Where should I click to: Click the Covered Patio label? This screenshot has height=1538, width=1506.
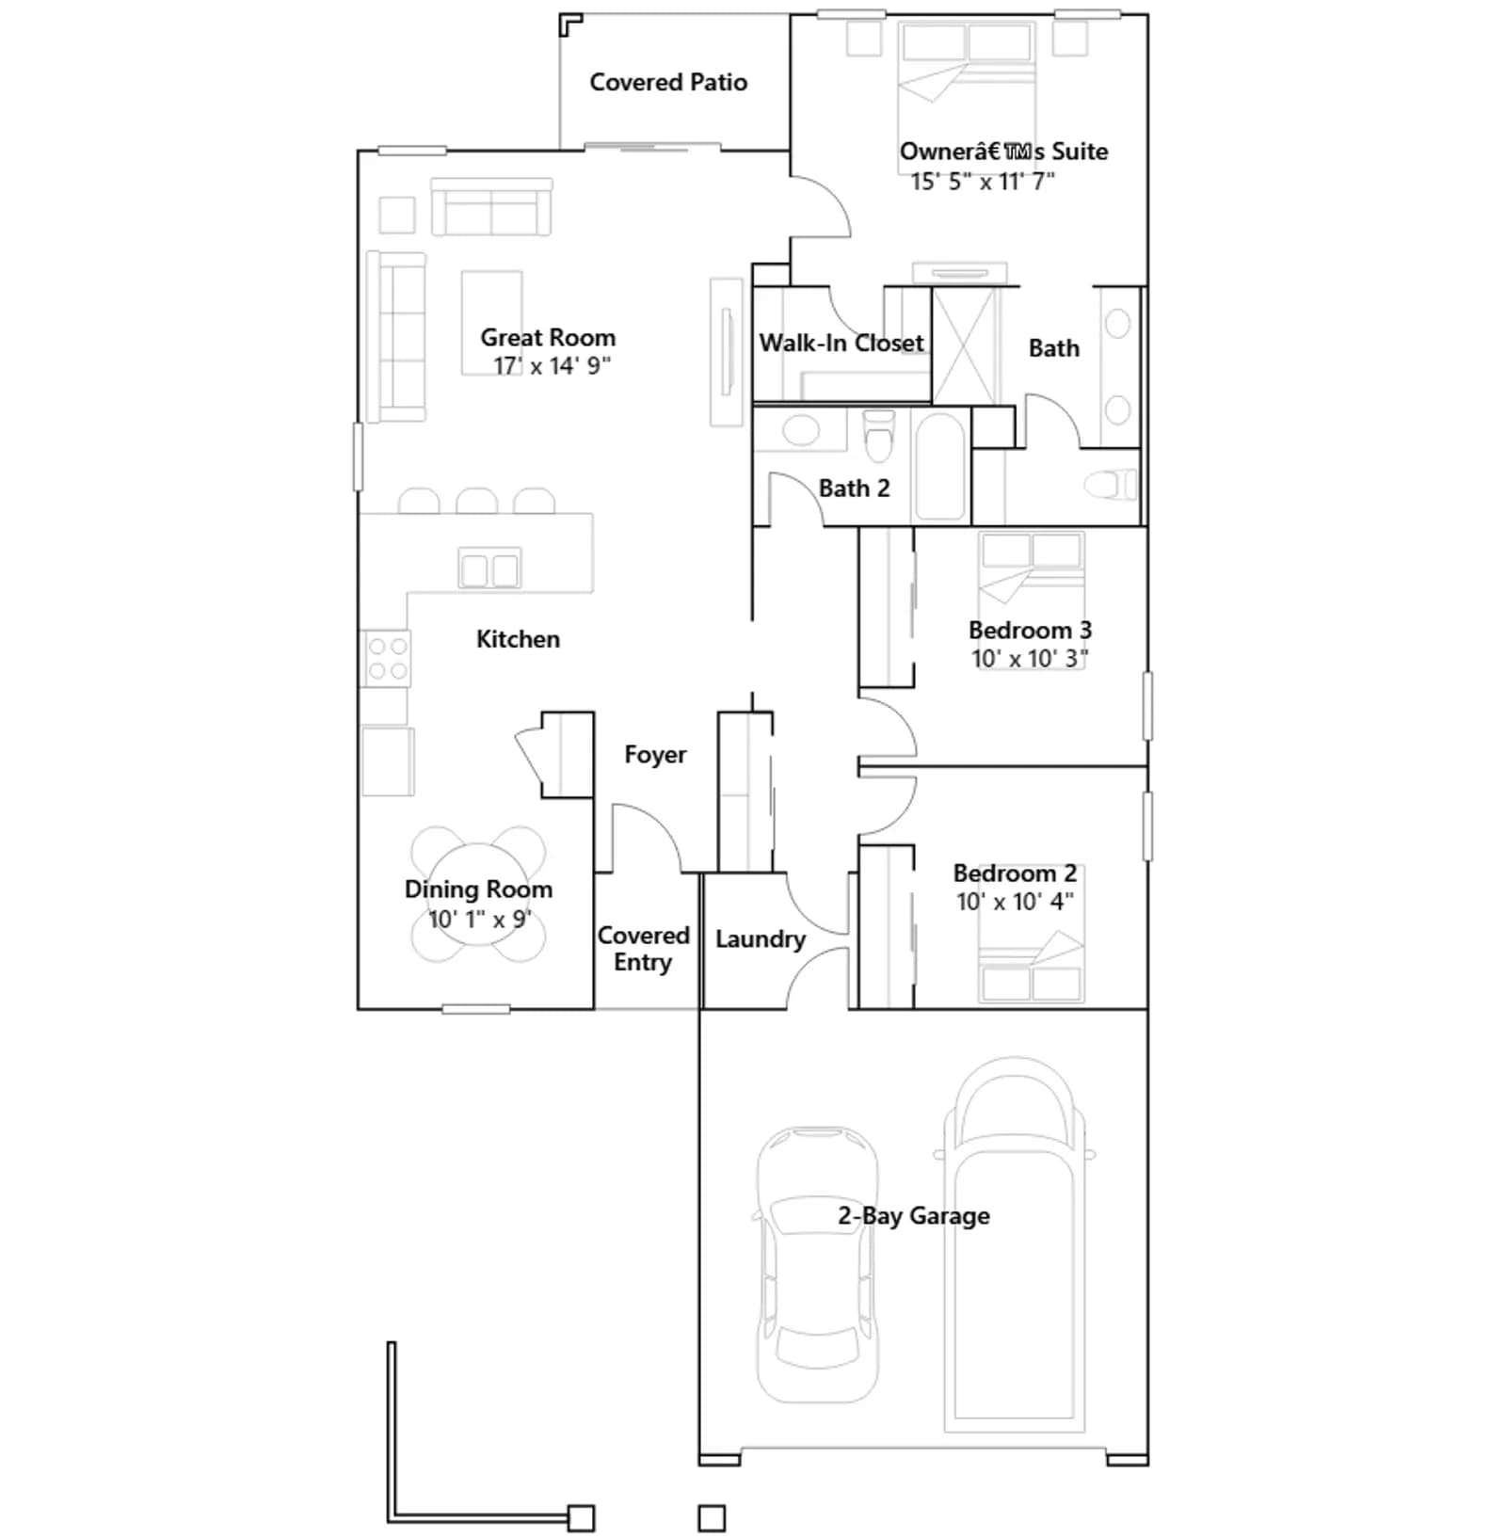click(x=668, y=83)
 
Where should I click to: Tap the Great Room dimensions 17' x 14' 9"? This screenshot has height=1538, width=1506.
click(x=553, y=366)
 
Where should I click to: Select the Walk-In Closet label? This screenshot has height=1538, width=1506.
click(x=841, y=343)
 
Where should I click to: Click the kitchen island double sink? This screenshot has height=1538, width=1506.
click(x=489, y=569)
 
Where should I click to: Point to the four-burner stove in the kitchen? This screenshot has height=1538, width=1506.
click(x=387, y=658)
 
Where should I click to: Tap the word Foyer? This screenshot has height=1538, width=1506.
click(x=655, y=755)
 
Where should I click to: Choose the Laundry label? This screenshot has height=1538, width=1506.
click(x=761, y=939)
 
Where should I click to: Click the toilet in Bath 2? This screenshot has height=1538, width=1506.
click(x=879, y=436)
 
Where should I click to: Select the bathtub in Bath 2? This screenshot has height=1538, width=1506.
click(x=939, y=465)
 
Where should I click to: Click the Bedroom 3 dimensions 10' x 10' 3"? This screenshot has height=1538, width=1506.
click(x=1030, y=658)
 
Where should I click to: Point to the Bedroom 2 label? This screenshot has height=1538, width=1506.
click(x=1015, y=873)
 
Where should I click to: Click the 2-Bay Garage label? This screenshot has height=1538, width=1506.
click(x=914, y=1216)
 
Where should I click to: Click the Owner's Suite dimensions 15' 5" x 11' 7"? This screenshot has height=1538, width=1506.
click(x=983, y=182)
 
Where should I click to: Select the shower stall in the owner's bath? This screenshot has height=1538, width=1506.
click(x=964, y=346)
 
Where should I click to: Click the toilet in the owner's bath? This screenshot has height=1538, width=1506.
click(x=1111, y=486)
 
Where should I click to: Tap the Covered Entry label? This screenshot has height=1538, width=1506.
click(x=644, y=949)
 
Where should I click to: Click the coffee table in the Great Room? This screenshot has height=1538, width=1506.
click(x=491, y=323)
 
